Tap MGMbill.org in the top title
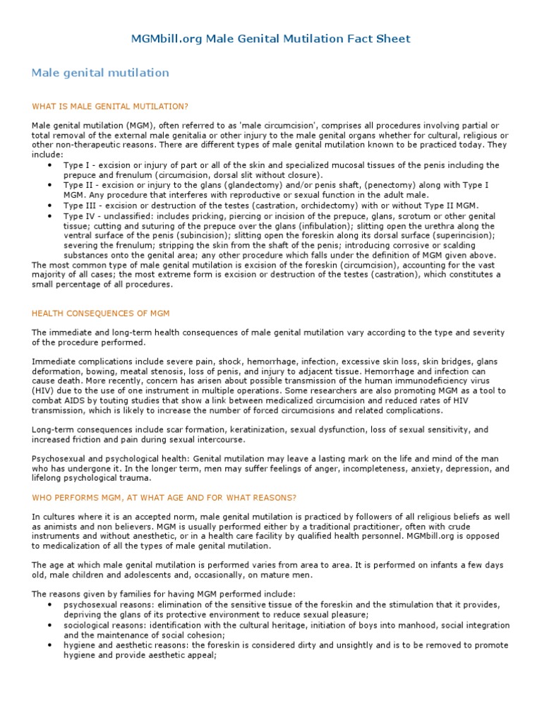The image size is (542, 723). click(167, 39)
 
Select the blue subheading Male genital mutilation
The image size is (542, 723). click(100, 73)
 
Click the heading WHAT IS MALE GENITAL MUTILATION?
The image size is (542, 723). click(110, 106)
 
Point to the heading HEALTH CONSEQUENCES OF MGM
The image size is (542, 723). click(101, 313)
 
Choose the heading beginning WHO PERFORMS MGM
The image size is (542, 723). click(164, 498)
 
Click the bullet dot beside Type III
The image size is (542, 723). click(49, 205)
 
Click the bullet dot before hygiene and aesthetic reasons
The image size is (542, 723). click(49, 645)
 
